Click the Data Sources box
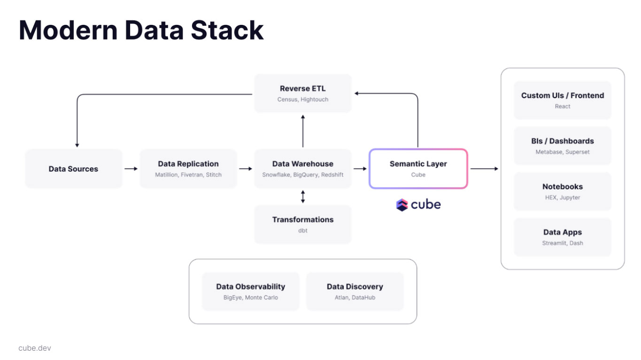(73, 169)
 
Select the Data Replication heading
(188, 164)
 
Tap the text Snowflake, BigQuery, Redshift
(302, 175)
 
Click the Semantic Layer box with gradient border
(418, 169)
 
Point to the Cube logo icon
(402, 205)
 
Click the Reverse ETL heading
(302, 88)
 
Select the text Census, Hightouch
(302, 100)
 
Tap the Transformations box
(302, 224)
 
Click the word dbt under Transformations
(302, 230)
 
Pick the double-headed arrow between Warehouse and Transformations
(303, 196)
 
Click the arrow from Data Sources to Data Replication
(131, 169)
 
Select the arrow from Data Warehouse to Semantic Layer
(360, 169)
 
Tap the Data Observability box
(250, 291)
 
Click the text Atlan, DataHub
(355, 298)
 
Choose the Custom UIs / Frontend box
(562, 100)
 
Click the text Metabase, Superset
(562, 152)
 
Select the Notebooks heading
(562, 186)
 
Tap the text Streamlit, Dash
(562, 243)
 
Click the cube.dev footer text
(35, 348)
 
